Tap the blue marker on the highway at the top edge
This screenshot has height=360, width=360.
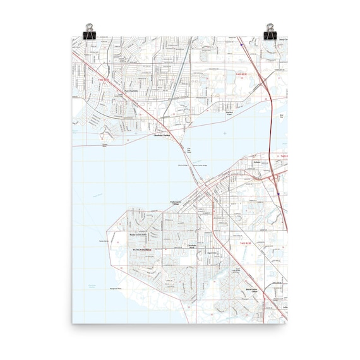coord(241,45)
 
